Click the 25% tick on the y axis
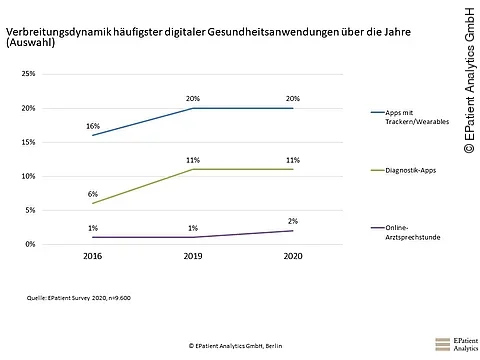point(28,74)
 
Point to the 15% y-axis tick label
point(28,142)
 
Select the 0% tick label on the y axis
point(30,244)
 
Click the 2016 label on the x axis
point(92,256)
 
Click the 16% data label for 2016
point(92,127)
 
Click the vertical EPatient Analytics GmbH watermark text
point(468,80)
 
